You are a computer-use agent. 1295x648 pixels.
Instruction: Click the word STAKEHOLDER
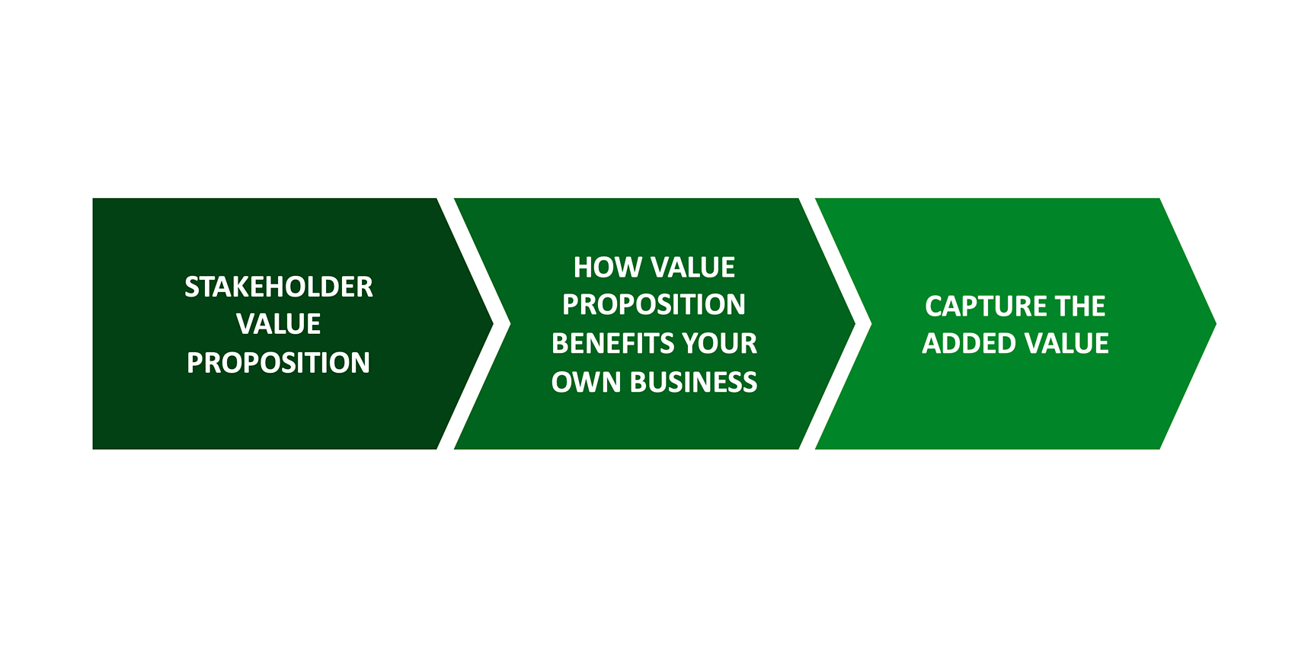279,287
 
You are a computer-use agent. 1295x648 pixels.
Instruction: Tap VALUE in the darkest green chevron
278,324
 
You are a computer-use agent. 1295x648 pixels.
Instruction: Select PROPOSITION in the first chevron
278,363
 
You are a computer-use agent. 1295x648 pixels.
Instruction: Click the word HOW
608,268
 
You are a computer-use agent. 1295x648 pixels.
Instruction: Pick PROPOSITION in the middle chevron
654,304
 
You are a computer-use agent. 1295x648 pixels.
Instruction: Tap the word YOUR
716,343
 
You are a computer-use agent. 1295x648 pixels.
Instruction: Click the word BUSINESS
694,383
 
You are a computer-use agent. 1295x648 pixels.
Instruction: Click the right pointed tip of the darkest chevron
493,323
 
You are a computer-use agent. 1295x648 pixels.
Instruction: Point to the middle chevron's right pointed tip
855,323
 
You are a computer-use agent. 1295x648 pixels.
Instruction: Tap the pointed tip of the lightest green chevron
1216,323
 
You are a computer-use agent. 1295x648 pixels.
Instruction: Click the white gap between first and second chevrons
502,323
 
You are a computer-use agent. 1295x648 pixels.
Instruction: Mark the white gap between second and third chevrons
863,323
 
